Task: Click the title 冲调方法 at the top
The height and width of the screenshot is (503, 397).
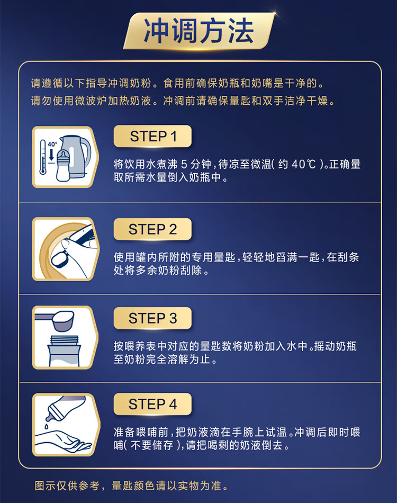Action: pyautogui.click(x=198, y=31)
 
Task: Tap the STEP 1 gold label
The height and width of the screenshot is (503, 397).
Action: pyautogui.click(x=152, y=136)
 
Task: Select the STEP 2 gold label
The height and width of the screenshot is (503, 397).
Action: pyautogui.click(x=152, y=229)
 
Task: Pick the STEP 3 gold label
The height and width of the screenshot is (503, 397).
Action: pyautogui.click(x=152, y=318)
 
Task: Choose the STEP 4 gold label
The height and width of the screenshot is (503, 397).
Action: pyautogui.click(x=152, y=404)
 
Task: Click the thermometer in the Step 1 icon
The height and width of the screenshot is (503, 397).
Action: pyautogui.click(x=43, y=157)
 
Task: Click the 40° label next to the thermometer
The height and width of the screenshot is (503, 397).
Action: pyautogui.click(x=52, y=144)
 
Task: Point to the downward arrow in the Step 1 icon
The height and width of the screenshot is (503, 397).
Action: pyautogui.click(x=51, y=155)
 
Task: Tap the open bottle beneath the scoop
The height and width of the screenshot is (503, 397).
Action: pyautogui.click(x=64, y=351)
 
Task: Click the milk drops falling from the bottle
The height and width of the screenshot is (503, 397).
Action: pyautogui.click(x=47, y=426)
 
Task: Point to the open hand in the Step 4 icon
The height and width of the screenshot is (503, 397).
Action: pyautogui.click(x=63, y=441)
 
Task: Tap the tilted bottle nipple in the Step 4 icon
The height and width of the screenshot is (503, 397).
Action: pyautogui.click(x=52, y=411)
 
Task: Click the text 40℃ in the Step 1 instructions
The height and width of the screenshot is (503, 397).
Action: pyautogui.click(x=304, y=164)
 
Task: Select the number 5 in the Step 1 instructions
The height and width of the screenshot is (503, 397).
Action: pyautogui.click(x=184, y=164)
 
